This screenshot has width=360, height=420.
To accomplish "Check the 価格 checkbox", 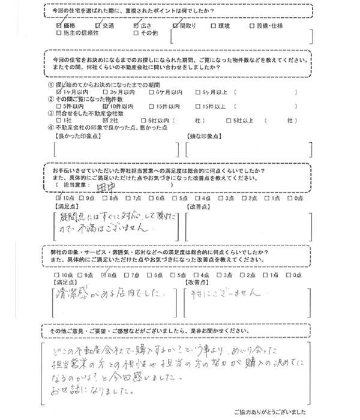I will coord(58,27).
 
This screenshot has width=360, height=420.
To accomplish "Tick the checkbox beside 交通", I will coord(98,27).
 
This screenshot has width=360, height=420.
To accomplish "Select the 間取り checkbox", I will coord(175,27).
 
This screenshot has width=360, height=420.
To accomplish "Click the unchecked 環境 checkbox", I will coord(215,27).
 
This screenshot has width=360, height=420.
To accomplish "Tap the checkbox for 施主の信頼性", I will coord(58,35).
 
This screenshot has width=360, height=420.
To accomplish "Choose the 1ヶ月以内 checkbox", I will coord(58,92).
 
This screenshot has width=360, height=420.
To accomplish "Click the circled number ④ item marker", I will coord(50,127).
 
